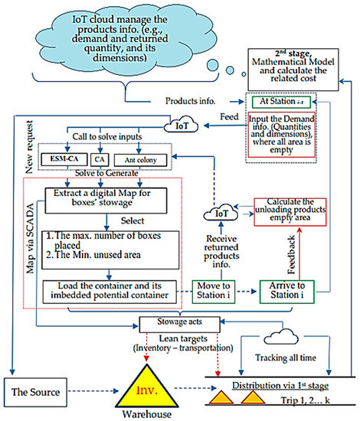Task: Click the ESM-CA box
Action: click(x=65, y=159)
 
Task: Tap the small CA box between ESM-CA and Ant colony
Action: click(x=99, y=159)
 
